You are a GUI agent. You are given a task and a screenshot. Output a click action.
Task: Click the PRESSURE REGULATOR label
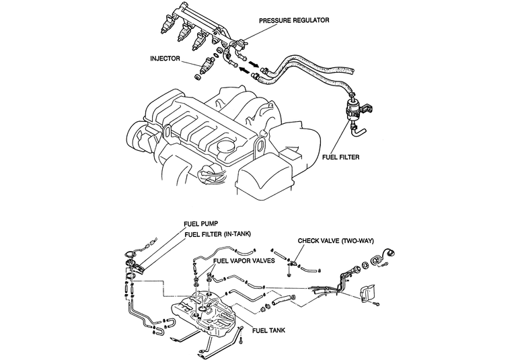(294, 20)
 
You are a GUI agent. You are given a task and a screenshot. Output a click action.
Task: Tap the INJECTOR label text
(165, 59)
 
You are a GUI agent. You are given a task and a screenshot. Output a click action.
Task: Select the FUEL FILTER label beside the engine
(340, 157)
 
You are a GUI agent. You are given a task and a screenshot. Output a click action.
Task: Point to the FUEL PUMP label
(201, 224)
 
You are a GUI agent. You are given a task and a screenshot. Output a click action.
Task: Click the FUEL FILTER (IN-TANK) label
(217, 234)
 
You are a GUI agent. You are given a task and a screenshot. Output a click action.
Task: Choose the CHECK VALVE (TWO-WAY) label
(336, 241)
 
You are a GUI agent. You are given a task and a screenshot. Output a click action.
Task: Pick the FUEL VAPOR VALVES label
(244, 260)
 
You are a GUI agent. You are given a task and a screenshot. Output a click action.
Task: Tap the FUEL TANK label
(268, 330)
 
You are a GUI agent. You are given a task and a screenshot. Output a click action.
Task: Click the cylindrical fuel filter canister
(353, 110)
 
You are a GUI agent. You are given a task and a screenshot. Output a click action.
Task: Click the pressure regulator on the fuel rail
(241, 44)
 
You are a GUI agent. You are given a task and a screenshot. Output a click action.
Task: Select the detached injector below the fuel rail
(205, 67)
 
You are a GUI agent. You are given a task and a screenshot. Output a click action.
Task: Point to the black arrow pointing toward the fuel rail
(244, 70)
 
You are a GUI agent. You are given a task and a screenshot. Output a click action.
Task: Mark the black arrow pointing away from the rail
(253, 63)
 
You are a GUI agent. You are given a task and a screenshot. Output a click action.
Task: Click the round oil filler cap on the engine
(224, 147)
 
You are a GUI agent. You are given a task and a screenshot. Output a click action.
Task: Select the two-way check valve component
(293, 263)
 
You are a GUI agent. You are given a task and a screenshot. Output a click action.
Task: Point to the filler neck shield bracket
(368, 293)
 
